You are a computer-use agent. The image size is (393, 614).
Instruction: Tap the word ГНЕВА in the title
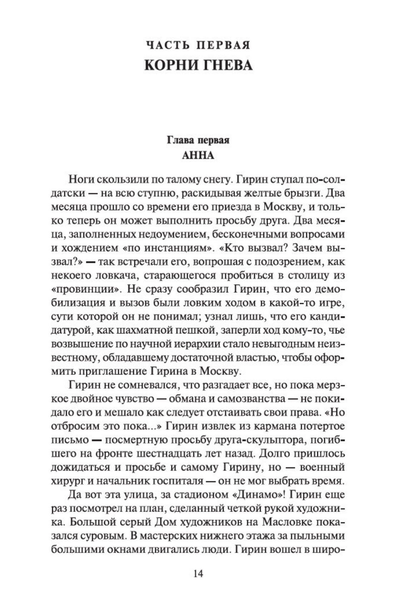[227, 65]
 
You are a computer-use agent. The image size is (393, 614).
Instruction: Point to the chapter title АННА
[198, 156]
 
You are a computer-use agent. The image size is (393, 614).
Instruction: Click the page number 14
[198, 574]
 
